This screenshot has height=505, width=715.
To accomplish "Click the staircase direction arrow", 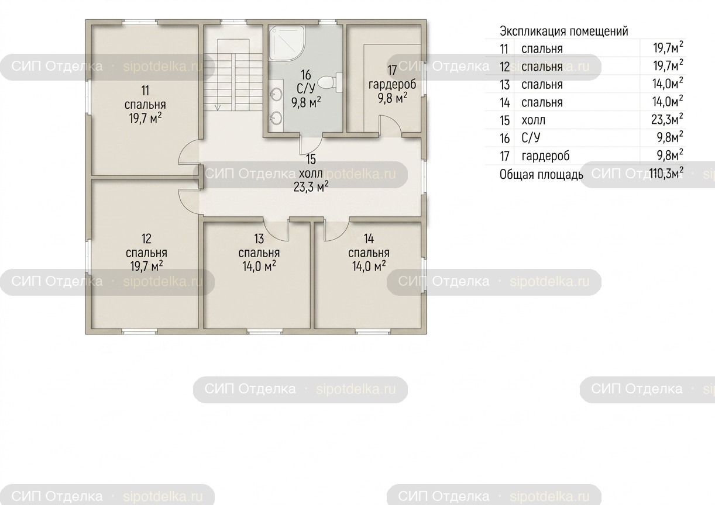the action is click(218, 107).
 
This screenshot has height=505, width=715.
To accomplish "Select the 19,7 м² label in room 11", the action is click(145, 118).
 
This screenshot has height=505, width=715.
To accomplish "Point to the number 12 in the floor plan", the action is click(146, 238).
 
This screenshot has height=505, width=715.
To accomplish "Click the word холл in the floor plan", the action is click(311, 174).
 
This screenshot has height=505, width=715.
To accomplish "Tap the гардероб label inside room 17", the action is click(392, 85).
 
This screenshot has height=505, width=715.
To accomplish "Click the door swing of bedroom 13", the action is click(276, 229).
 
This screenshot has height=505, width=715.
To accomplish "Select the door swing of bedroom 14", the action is click(337, 229).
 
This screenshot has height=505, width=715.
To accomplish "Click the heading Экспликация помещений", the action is click(563, 32).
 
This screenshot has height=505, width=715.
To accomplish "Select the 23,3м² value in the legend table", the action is click(667, 120).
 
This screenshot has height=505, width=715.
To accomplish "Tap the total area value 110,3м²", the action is click(666, 173).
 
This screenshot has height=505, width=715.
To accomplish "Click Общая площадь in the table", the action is click(541, 174).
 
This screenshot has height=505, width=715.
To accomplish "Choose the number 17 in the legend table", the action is click(504, 156).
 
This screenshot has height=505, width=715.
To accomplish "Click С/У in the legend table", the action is click(531, 138).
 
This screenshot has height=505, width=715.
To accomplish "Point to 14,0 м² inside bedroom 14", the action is click(369, 266).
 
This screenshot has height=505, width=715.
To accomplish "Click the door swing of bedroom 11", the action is click(189, 152).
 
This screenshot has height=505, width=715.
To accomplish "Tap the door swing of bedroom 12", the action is click(189, 202).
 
